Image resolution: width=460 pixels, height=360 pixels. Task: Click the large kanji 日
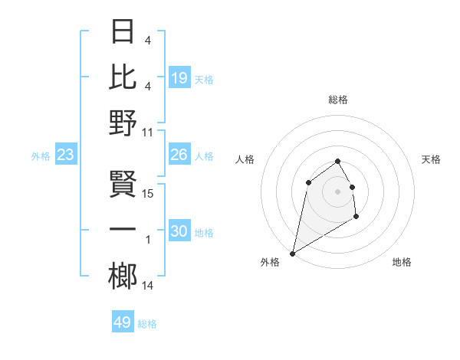(123, 31)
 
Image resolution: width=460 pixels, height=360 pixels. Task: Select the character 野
(123, 123)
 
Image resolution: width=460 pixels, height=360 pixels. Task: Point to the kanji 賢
(123, 184)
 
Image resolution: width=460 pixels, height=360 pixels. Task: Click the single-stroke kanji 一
(123, 230)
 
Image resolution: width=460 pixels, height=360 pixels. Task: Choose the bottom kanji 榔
(123, 277)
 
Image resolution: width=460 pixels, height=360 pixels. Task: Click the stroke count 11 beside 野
(148, 132)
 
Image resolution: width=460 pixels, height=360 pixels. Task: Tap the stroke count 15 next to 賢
(148, 194)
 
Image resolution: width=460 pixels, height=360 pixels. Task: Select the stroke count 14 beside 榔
(148, 286)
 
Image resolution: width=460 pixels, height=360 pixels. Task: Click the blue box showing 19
(179, 78)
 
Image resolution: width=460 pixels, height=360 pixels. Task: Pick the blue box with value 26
(179, 155)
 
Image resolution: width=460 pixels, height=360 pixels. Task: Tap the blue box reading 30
(179, 231)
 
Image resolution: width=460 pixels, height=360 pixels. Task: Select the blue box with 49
(123, 322)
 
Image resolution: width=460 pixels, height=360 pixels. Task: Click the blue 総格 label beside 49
(147, 324)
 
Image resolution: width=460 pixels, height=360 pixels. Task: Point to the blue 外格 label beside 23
(41, 156)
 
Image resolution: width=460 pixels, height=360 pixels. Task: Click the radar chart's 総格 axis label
(337, 100)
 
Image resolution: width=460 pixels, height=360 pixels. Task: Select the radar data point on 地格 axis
(356, 218)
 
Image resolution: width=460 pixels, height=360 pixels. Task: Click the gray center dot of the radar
(337, 191)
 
